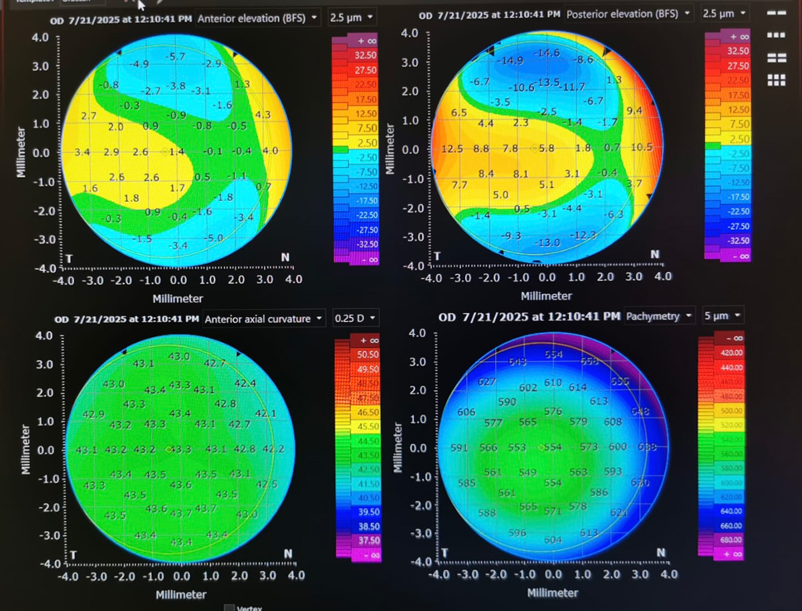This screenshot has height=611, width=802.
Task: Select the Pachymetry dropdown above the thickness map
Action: pyautogui.click(x=660, y=316)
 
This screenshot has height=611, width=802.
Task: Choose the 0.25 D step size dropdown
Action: pyautogui.click(x=355, y=319)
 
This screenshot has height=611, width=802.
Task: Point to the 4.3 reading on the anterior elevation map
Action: pyautogui.click(x=263, y=114)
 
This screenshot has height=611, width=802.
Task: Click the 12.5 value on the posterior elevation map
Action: pyautogui.click(x=452, y=148)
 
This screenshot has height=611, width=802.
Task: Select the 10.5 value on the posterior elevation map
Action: pyautogui.click(x=641, y=147)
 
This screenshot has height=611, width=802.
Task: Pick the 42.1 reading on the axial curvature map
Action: pyautogui.click(x=265, y=413)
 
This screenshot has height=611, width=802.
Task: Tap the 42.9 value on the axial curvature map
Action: pyautogui.click(x=93, y=414)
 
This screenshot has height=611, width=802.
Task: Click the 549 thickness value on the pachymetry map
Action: pyautogui.click(x=527, y=473)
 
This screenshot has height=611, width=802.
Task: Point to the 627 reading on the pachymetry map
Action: pyautogui.click(x=487, y=382)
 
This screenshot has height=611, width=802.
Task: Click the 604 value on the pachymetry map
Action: pyautogui.click(x=553, y=540)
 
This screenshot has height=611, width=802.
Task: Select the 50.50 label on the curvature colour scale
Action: pyautogui.click(x=369, y=354)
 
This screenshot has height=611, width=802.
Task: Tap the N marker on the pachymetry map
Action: pyautogui.click(x=660, y=552)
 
